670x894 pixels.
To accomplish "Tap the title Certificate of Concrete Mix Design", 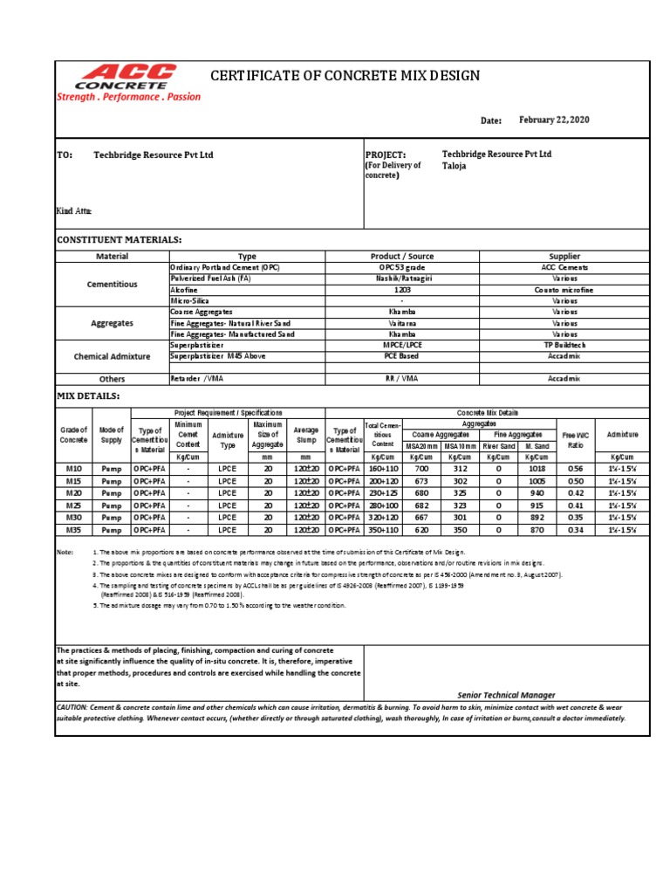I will (x=345, y=76).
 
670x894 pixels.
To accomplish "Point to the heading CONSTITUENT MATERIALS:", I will (x=119, y=239).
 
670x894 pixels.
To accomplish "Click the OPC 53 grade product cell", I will (x=401, y=267).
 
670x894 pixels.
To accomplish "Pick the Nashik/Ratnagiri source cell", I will (x=401, y=278).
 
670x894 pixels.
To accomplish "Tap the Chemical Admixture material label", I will (x=112, y=356).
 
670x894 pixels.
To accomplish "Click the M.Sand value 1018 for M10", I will (x=536, y=469).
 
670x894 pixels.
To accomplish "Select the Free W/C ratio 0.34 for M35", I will (x=575, y=529).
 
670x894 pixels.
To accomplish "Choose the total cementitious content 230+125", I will (x=383, y=493).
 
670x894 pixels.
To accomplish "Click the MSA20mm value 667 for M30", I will (x=421, y=517).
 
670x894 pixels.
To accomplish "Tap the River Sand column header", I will (x=498, y=446).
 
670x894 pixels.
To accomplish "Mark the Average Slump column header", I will (x=305, y=434).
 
